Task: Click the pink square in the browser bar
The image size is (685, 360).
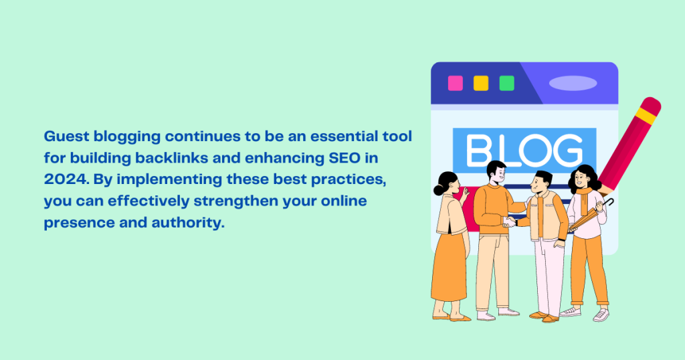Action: pyautogui.click(x=455, y=83)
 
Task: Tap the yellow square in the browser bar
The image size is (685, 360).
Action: pyautogui.click(x=481, y=83)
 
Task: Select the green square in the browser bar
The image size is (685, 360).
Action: pyautogui.click(x=507, y=83)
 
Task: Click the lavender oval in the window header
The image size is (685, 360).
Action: pyautogui.click(x=573, y=83)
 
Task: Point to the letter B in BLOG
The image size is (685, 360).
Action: pyautogui.click(x=479, y=151)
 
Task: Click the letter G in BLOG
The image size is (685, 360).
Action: pyautogui.click(x=567, y=151)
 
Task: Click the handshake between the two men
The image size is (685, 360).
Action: pyautogui.click(x=509, y=222)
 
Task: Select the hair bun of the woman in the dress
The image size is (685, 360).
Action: pyautogui.click(x=439, y=189)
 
